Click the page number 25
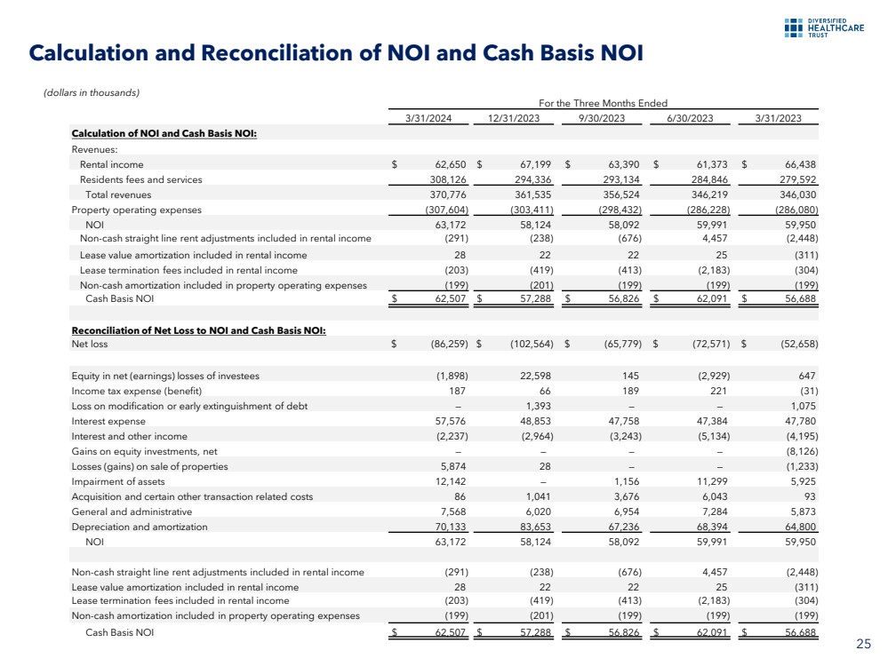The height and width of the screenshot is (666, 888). [x=862, y=644]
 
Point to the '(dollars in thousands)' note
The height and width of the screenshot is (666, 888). [x=92, y=91]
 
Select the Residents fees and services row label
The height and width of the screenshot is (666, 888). [x=140, y=179]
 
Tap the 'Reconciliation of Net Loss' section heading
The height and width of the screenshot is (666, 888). [x=198, y=330]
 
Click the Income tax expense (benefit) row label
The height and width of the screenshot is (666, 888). [x=137, y=391]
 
